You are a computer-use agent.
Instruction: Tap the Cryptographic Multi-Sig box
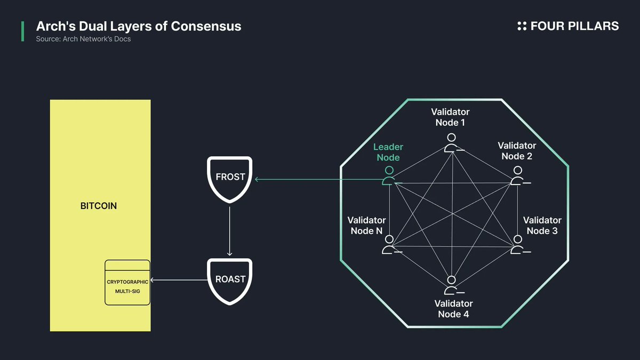127,282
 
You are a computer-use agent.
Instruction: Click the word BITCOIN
99,206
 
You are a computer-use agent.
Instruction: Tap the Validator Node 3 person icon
517,245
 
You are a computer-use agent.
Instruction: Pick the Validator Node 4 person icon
452,285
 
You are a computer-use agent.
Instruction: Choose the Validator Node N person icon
390,245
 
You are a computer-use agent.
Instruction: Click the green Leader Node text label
388,152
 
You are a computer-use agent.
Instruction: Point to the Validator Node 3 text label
542,226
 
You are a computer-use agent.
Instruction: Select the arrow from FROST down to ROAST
229,229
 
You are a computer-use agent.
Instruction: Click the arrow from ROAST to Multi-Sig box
179,280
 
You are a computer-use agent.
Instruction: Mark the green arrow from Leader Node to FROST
320,179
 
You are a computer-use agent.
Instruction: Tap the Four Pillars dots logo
522,26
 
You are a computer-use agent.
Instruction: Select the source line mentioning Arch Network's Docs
83,39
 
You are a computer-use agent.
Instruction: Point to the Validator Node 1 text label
450,117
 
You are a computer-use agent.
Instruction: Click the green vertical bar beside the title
22,31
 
